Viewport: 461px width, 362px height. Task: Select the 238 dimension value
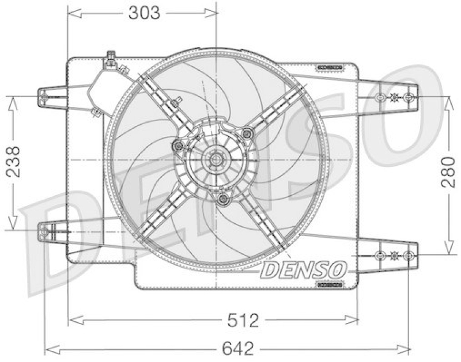click(x=13, y=163)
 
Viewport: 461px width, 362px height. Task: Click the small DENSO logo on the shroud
click(x=304, y=268)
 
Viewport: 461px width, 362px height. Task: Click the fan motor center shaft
click(x=217, y=159)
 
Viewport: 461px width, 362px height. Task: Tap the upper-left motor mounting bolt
click(x=179, y=146)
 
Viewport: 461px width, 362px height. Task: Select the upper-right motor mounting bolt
click(x=248, y=134)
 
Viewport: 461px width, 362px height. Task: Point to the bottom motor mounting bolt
click(x=223, y=199)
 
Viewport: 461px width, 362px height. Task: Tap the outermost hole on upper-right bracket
click(x=409, y=97)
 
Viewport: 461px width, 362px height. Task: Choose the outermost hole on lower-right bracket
click(x=409, y=255)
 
